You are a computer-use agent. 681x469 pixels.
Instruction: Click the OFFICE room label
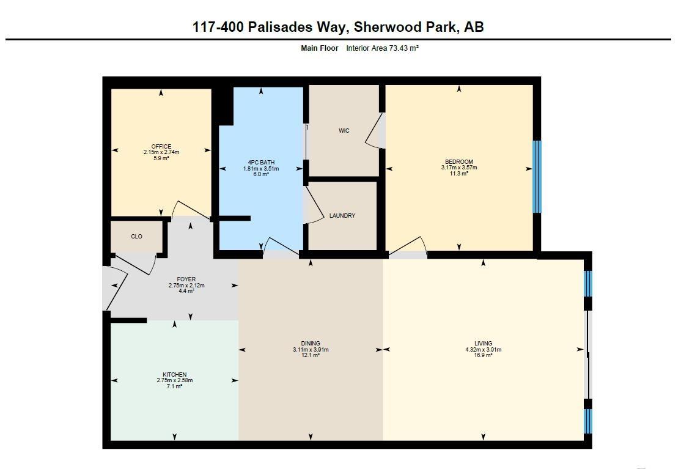[x=161, y=147]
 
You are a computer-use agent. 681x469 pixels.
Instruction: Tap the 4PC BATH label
[x=261, y=163]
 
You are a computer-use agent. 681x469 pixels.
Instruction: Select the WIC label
[x=344, y=131]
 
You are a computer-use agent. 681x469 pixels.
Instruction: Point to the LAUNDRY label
[x=342, y=216]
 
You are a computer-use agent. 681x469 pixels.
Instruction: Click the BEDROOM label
[x=458, y=162]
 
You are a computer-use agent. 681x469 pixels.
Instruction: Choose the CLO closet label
[x=136, y=236]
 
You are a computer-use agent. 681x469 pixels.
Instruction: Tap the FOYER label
[x=186, y=279]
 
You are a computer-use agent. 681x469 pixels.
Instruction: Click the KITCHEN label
[x=174, y=375]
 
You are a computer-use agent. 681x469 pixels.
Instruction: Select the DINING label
[x=311, y=344]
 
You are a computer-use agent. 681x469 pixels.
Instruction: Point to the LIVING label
[x=483, y=344]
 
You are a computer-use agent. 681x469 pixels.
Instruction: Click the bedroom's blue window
[x=537, y=177]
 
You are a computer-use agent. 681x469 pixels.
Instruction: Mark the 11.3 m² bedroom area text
[x=458, y=174]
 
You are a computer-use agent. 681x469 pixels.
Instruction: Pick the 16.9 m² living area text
[x=483, y=355]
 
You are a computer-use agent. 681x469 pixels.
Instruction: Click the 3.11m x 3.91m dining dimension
[x=311, y=350]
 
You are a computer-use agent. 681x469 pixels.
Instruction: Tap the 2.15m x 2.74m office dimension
[x=161, y=152]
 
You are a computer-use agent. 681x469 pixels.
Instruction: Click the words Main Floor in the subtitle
[x=319, y=48]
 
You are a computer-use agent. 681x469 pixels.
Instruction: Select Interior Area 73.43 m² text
[x=382, y=48]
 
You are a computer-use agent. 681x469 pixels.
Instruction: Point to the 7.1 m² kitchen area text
[x=174, y=386]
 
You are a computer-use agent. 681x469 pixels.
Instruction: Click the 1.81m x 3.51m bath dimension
[x=261, y=169]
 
